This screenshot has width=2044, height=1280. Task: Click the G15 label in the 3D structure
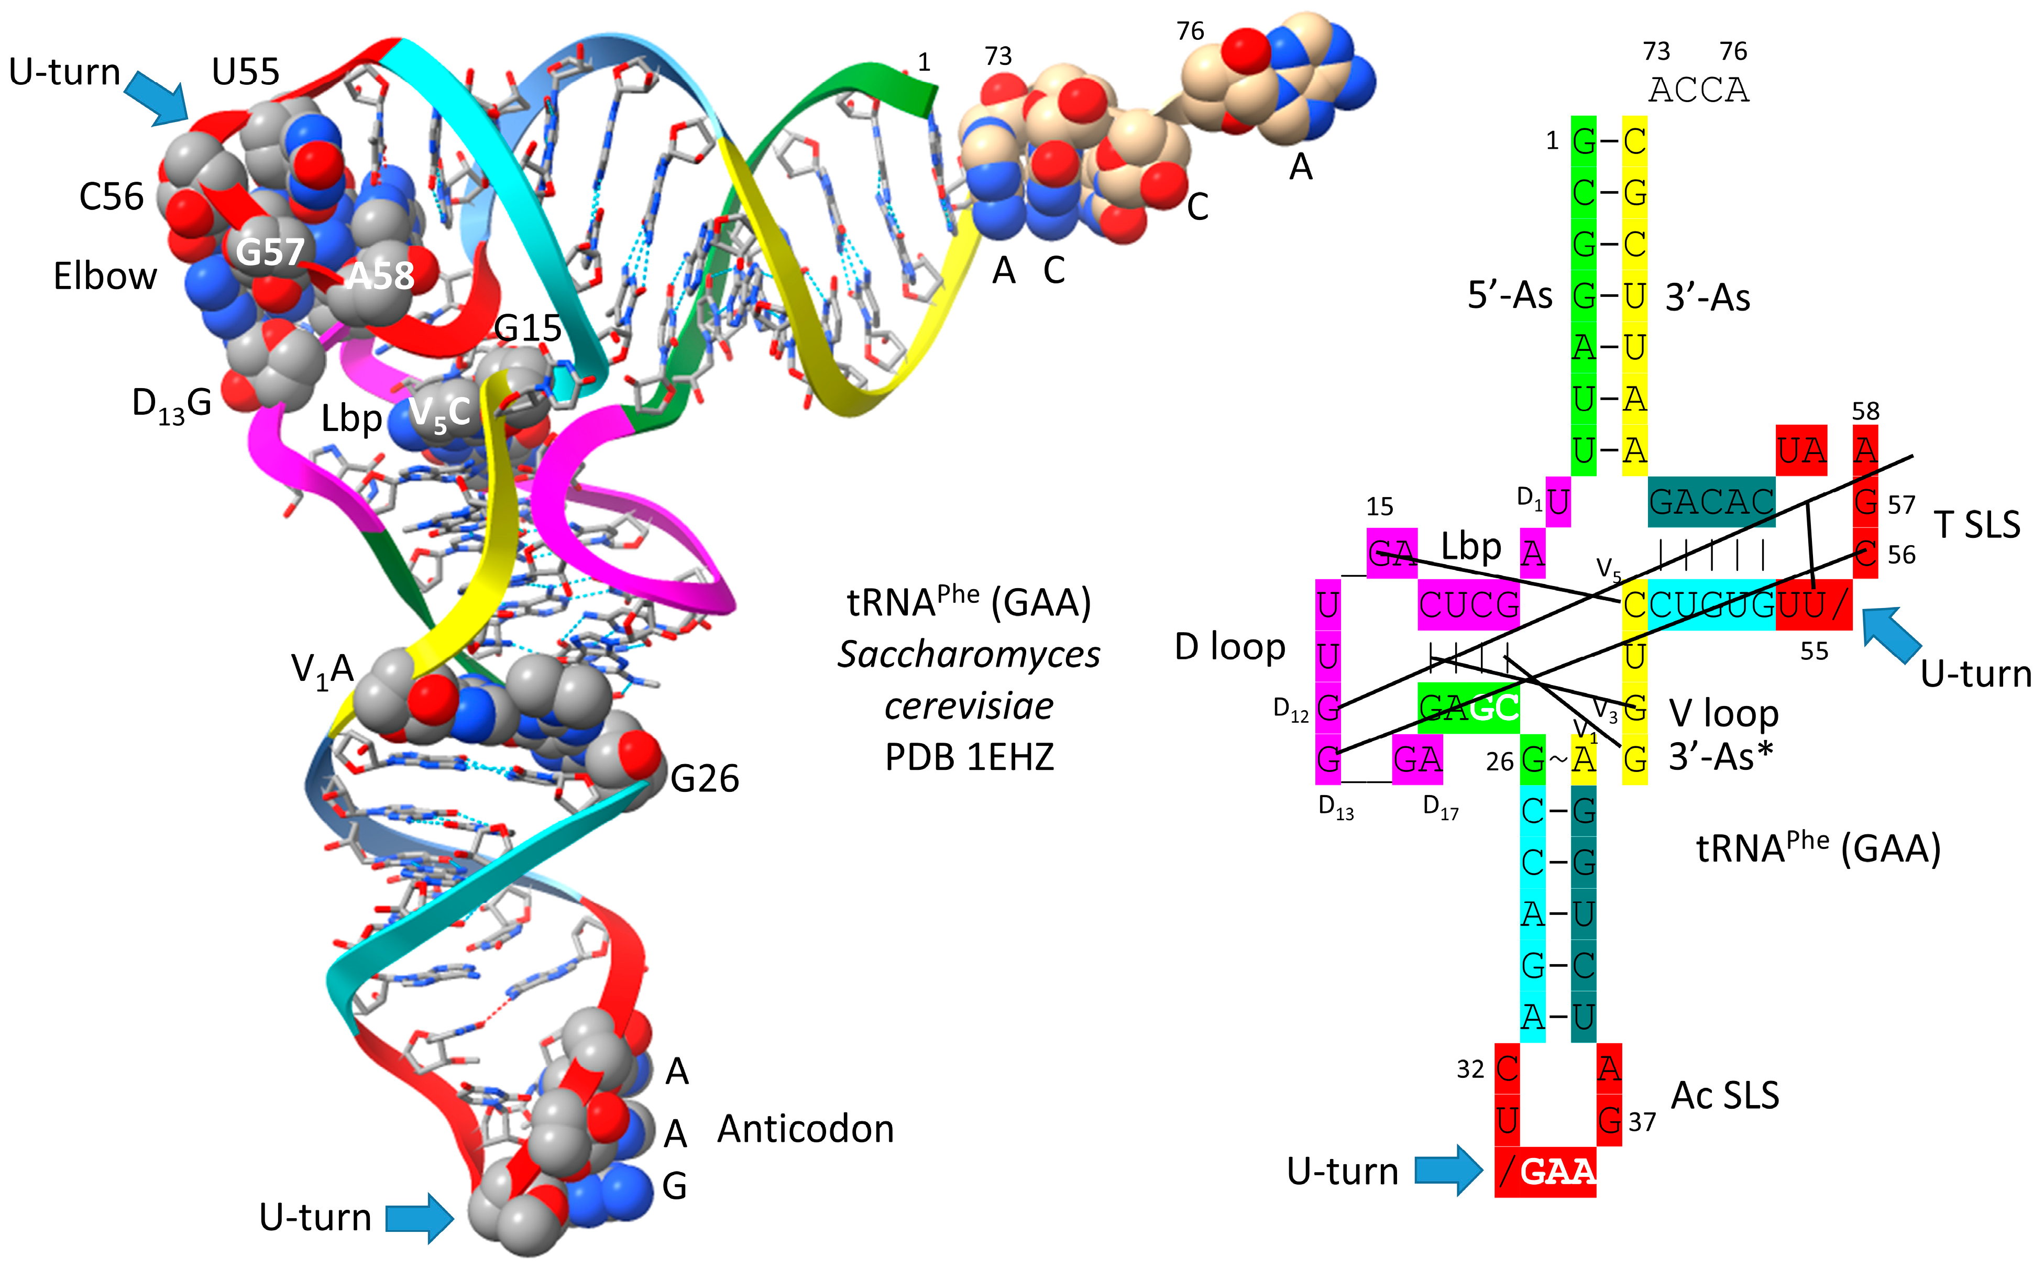pos(528,328)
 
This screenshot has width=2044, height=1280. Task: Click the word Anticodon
pos(805,1129)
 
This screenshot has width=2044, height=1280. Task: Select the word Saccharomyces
pos(969,654)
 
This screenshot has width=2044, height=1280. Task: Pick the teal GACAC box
pos(1710,502)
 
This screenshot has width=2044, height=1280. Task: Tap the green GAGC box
pos(1468,708)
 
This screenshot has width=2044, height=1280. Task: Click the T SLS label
pos(1977,525)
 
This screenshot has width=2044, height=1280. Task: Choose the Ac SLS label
pos(1725,1096)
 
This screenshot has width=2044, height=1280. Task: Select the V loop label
pos(1723,714)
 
